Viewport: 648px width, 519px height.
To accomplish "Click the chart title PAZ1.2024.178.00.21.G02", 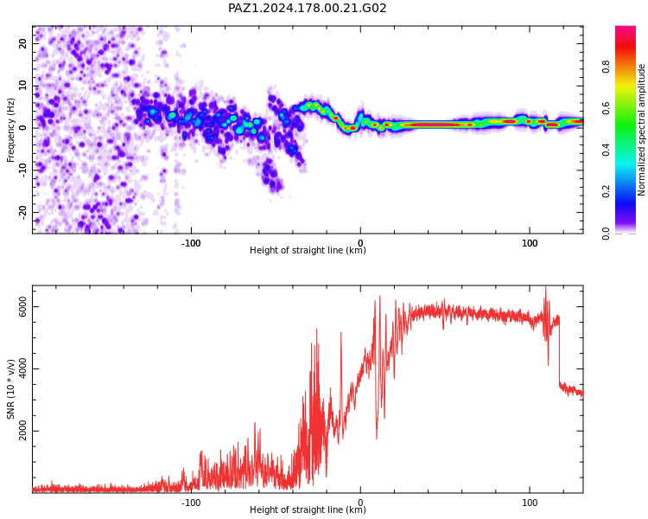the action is coord(307,8).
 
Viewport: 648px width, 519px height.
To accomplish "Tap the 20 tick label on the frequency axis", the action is coord(22,43).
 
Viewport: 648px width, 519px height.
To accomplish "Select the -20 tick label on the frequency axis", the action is coord(22,213).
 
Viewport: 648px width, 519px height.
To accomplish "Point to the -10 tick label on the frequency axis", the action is coord(22,170).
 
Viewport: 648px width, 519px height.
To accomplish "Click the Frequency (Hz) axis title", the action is coord(10,130).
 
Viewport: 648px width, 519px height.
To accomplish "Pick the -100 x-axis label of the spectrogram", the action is coord(191,243).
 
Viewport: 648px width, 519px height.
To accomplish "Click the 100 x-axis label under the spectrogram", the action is coord(530,243).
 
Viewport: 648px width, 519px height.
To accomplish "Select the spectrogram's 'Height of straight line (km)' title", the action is coord(308,250).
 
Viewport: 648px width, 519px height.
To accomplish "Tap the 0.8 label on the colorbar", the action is coord(606,67).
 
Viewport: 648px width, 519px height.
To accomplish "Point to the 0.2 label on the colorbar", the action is coord(606,191).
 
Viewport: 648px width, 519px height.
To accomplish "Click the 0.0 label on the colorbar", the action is coord(606,234).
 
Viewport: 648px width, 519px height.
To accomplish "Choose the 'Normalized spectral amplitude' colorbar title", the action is coord(641,130).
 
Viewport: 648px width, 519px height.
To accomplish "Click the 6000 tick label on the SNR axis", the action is coord(22,307).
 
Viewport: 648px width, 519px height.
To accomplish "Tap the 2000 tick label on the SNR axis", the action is coord(22,431).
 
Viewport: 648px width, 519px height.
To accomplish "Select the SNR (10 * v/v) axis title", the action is coord(10,389).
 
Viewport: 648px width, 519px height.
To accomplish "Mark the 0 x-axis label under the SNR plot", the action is coord(360,503).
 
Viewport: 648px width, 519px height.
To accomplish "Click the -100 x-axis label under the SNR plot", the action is coord(191,503).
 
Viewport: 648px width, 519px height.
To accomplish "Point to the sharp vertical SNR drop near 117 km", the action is coord(560,351).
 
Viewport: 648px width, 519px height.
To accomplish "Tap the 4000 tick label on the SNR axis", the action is coord(22,368).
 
